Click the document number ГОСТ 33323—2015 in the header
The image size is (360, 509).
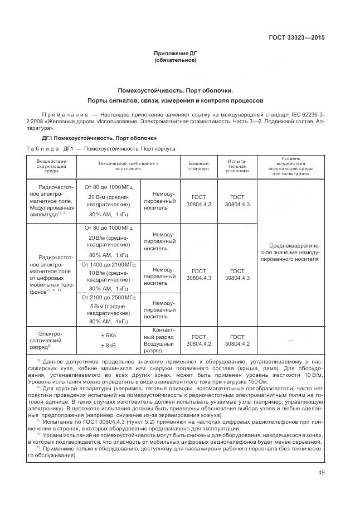[x=297, y=38]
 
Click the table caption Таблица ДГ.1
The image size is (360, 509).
[x=50, y=149]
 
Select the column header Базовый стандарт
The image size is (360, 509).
[x=199, y=165]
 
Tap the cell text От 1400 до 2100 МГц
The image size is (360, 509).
[x=110, y=264]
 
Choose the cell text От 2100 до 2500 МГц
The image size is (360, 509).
[x=110, y=298]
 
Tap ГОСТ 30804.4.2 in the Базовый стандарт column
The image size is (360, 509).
[x=199, y=340]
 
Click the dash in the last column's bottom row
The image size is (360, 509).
[x=291, y=340]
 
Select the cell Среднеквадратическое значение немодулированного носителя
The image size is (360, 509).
[x=291, y=252]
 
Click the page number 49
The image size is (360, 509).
[x=321, y=473]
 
